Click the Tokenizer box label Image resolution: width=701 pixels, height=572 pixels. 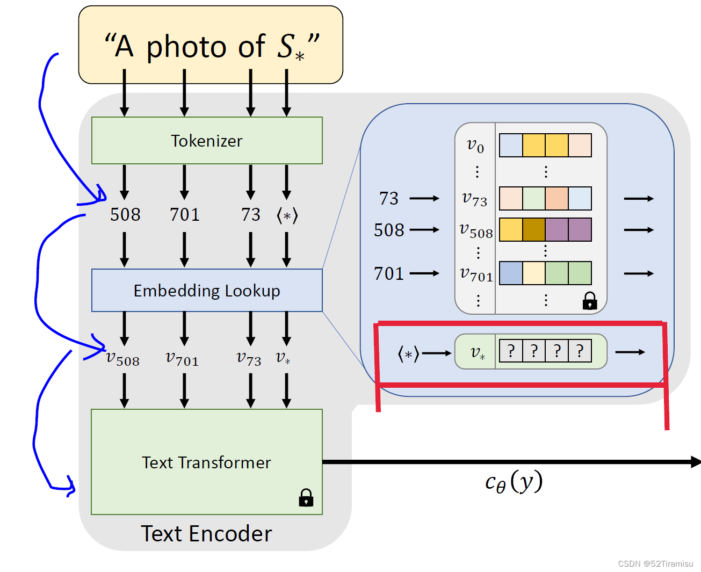click(x=206, y=141)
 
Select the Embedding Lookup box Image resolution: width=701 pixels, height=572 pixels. click(x=207, y=291)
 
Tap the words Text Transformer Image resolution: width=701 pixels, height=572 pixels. click(x=206, y=462)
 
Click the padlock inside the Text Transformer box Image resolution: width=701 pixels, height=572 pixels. click(x=306, y=498)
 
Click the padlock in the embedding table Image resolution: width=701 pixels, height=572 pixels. click(x=590, y=301)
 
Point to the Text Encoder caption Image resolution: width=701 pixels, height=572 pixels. click(x=206, y=534)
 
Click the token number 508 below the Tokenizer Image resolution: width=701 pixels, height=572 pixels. click(x=125, y=215)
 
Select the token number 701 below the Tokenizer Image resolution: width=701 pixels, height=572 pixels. click(x=184, y=215)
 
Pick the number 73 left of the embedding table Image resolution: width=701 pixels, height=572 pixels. click(x=389, y=199)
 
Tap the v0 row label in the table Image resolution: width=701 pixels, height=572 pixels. click(x=475, y=146)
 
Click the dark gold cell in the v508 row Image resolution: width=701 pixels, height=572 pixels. click(x=534, y=230)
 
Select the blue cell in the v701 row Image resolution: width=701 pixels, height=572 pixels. click(x=511, y=273)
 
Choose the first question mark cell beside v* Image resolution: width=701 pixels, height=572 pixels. click(x=511, y=351)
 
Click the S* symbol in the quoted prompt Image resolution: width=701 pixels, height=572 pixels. click(x=291, y=47)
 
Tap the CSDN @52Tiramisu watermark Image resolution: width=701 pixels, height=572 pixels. click(x=655, y=564)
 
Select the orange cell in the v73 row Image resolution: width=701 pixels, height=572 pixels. click(x=557, y=199)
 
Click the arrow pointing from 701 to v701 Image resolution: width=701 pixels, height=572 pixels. click(x=424, y=273)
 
